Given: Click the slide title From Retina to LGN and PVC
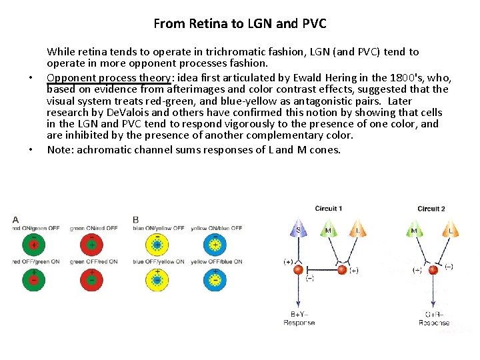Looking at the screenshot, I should click(x=240, y=24).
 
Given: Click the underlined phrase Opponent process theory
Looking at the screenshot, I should click(x=109, y=77).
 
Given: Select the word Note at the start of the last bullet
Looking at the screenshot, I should click(x=59, y=149).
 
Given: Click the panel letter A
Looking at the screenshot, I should click(x=15, y=219).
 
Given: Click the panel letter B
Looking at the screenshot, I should click(x=136, y=219).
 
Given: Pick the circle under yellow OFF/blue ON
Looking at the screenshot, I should click(x=216, y=279).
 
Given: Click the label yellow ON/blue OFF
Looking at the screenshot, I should click(x=216, y=229).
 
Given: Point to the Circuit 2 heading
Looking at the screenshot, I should click(x=431, y=209).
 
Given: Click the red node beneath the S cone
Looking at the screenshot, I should click(x=298, y=270).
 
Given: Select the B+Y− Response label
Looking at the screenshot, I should click(x=299, y=318).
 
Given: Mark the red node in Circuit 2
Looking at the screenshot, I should click(x=433, y=270).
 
